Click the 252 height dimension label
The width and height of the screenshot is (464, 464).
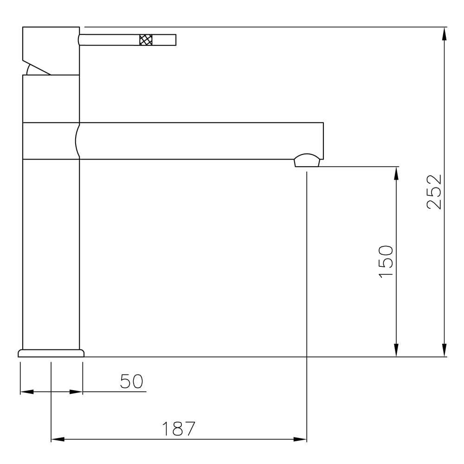click(434, 192)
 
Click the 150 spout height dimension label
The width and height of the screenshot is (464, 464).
click(386, 261)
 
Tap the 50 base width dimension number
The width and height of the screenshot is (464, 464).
click(131, 381)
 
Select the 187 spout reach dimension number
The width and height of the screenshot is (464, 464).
click(179, 429)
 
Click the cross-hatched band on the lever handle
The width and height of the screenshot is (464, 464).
click(146, 40)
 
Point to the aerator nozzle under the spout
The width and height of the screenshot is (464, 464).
click(307, 161)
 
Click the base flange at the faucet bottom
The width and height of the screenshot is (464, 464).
click(51, 353)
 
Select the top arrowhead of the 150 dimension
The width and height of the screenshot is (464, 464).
click(396, 173)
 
